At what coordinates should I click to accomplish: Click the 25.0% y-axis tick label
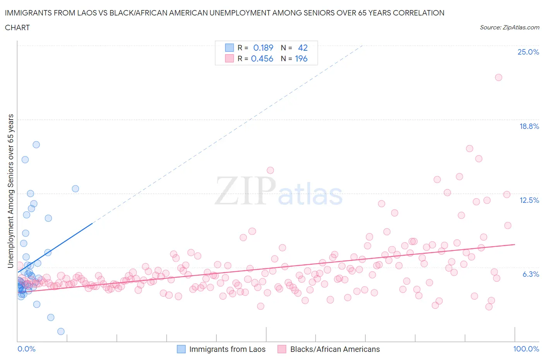(528, 52)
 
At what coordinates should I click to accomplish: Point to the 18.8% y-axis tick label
(529, 126)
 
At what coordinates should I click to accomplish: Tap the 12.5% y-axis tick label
(529, 200)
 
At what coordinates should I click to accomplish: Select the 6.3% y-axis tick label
(530, 274)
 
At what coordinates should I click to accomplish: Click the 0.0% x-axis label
(26, 349)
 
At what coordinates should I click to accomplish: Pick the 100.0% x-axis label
(526, 349)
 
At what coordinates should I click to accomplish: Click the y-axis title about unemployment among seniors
(11, 191)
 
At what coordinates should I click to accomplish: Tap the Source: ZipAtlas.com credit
(509, 27)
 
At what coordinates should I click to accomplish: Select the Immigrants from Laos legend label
(227, 349)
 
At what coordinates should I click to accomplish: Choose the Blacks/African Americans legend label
(335, 349)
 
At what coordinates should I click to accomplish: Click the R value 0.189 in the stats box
(263, 48)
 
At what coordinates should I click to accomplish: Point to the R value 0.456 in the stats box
(262, 58)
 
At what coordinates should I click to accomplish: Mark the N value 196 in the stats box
(301, 58)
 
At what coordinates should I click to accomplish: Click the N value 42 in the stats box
(303, 48)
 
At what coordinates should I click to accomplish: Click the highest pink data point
(498, 77)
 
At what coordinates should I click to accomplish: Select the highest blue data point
(36, 144)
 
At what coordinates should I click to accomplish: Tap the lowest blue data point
(61, 331)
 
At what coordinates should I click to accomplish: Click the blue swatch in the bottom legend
(181, 349)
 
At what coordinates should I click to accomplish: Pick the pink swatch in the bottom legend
(282, 349)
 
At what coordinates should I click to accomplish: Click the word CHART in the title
(17, 27)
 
